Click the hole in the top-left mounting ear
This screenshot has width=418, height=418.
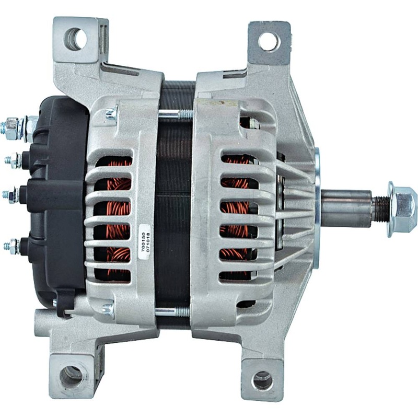tap(75, 39)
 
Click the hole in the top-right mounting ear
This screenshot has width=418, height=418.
tap(269, 42)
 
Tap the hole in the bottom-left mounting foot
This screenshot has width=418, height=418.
tap(71, 377)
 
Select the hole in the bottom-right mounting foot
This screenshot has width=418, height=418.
tap(263, 380)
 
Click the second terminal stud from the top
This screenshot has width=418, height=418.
tap(14, 160)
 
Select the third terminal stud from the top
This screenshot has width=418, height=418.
tap(11, 194)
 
